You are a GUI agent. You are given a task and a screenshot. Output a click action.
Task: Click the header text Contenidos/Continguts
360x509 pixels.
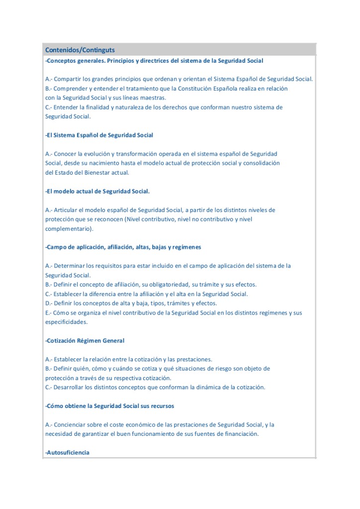80,50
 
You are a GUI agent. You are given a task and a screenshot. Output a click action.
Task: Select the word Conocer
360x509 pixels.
65,154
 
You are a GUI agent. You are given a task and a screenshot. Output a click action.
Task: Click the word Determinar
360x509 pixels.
69,266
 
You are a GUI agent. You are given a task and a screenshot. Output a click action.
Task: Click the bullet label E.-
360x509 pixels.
48,313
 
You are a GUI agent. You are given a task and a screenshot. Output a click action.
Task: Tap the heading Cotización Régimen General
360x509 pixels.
86,341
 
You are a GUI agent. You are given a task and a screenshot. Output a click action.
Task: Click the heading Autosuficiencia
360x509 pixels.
68,453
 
